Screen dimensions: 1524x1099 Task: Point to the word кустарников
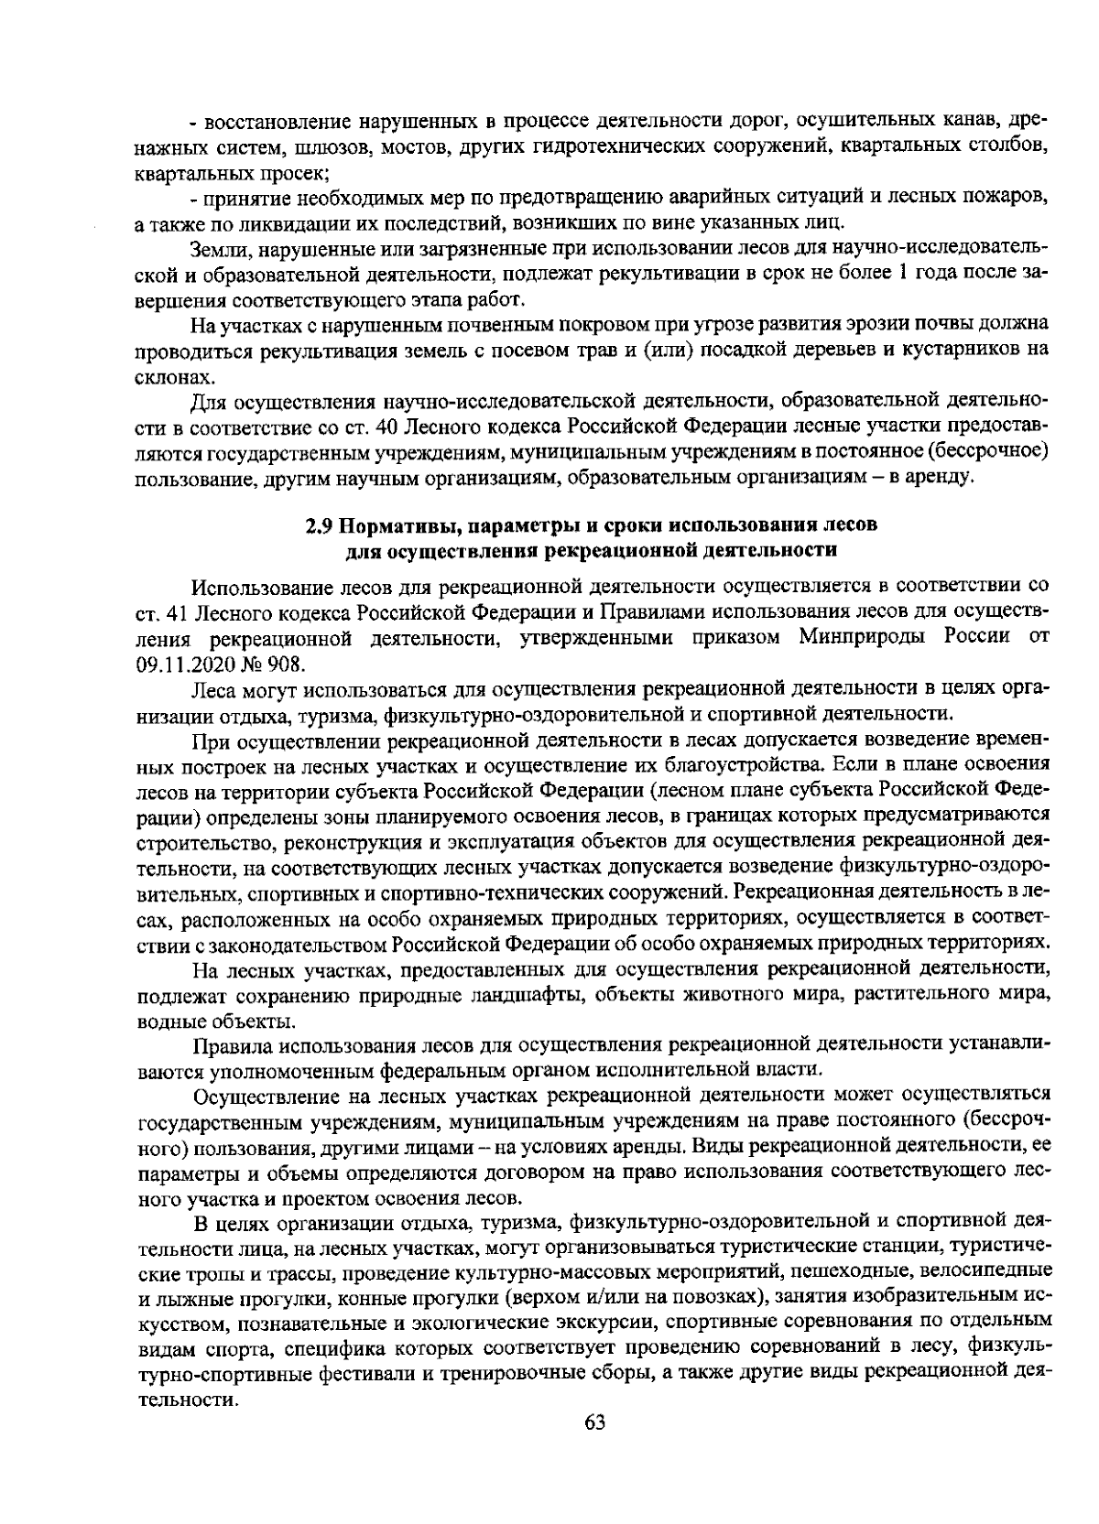962,350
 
